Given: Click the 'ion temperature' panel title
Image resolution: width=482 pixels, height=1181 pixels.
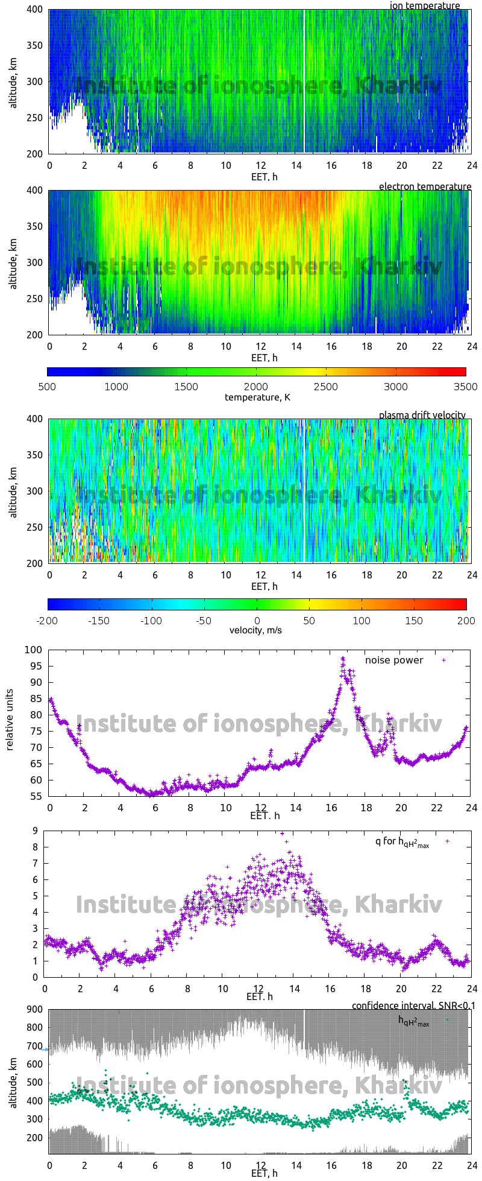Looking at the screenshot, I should tap(425, 5).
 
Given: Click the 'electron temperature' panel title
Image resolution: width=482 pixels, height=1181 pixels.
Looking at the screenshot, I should tap(425, 186).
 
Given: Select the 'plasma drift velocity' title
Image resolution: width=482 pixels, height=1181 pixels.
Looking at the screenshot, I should tap(422, 415).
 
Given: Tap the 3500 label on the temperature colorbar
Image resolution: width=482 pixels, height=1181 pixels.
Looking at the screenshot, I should tap(465, 387).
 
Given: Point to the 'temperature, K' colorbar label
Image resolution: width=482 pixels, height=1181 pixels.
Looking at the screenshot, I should tap(257, 397).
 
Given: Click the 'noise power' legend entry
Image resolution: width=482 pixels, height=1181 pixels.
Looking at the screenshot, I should tap(394, 660).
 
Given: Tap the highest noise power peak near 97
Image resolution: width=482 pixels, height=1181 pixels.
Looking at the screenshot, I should tap(343, 658).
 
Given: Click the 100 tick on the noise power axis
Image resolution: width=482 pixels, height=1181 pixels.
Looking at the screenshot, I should tap(33, 650).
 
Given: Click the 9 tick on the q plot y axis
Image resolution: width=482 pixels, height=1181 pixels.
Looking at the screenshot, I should tap(36, 831).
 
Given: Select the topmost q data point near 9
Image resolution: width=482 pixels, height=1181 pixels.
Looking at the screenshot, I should tap(282, 834).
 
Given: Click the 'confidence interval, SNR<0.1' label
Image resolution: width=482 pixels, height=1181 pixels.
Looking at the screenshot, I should tap(410, 1005).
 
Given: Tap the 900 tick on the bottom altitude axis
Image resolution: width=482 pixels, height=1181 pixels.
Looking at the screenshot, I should tap(35, 1010).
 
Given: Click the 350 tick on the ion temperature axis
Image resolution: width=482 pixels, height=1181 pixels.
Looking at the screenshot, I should tap(35, 45).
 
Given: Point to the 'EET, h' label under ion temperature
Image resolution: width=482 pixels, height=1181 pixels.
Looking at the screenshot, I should tap(264, 177).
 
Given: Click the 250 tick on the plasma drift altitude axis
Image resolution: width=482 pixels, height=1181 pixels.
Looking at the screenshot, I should tap(35, 527).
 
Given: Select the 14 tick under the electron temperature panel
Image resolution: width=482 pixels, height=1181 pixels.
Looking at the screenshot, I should tap(296, 346).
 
